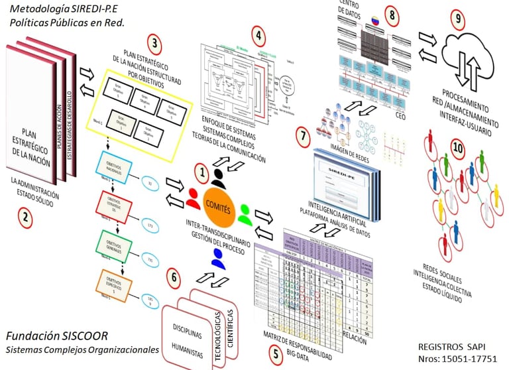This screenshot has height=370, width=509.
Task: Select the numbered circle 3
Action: click(154, 44)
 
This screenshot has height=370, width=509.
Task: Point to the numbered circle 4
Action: click(259, 34)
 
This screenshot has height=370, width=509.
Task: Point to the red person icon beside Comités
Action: click(193, 197)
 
